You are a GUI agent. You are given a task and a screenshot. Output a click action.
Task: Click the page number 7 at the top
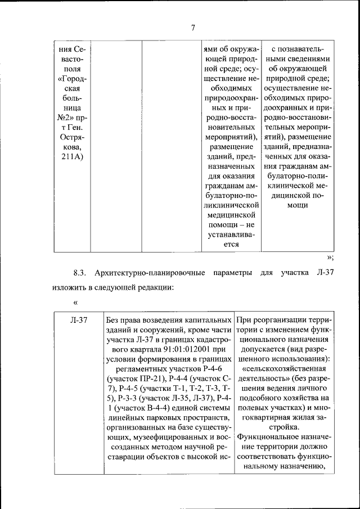pos(192,29)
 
